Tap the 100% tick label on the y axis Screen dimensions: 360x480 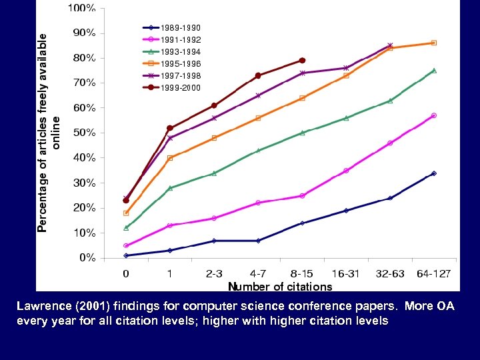coord(81,8)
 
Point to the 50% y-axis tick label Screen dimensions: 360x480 coord(83,133)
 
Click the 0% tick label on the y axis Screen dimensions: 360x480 coord(87,258)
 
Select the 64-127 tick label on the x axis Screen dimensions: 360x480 coord(434,273)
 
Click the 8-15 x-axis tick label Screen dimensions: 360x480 coord(302,273)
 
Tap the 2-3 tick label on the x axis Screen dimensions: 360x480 coord(214,273)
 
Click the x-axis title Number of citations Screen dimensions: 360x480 coord(280,287)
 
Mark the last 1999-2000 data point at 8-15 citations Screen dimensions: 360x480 coord(302,60)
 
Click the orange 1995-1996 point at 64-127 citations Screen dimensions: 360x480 coord(434,43)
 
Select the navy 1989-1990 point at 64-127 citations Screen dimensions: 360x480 coord(434,173)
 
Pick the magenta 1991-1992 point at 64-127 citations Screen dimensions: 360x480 coord(434,115)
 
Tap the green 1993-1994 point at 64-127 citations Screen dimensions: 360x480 coord(434,70)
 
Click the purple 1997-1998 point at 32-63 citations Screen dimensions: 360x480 coord(390,45)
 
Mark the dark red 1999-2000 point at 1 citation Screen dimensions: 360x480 coord(170,128)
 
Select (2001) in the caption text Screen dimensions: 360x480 coord(91,307)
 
